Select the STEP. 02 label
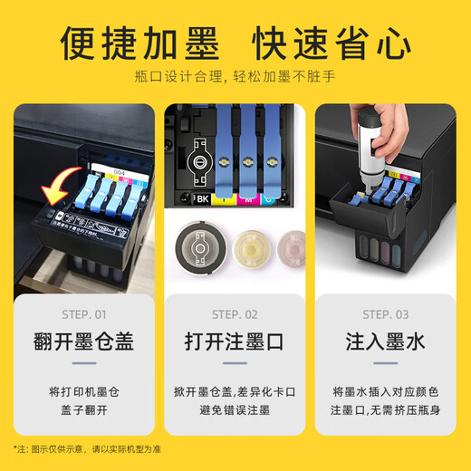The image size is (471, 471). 235,314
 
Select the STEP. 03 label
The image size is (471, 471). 386,314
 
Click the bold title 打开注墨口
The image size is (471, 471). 235,342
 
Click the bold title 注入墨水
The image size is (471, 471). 386,342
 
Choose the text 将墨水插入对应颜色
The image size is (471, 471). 386,391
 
